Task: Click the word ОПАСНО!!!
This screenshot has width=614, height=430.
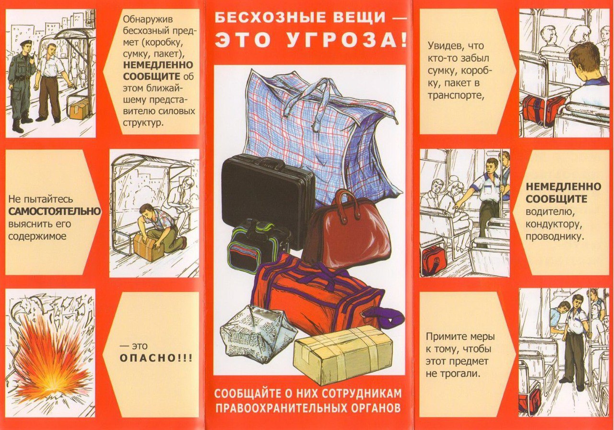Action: (x=156, y=359)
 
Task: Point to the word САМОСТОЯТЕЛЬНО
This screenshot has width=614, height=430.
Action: (x=55, y=211)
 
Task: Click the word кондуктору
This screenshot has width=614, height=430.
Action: (x=554, y=224)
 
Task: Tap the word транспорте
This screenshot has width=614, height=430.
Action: (x=455, y=95)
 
